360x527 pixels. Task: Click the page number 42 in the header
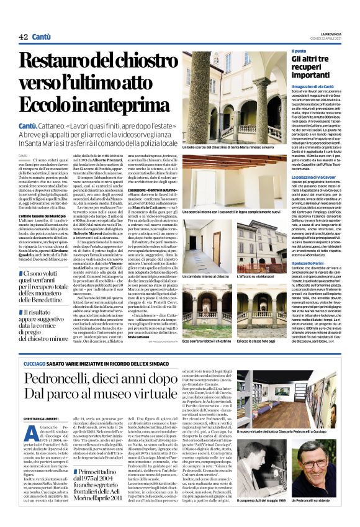(x=24, y=38)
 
